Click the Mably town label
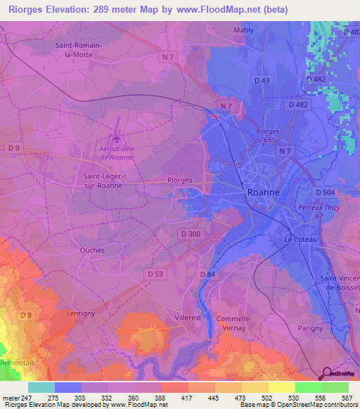[x=244, y=30]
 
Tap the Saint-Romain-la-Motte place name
[x=79, y=50]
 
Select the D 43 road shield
[x=262, y=81]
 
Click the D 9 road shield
[x=14, y=148]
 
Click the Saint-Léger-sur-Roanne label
[x=103, y=181]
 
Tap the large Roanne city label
[x=264, y=192]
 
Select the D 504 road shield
[x=325, y=192]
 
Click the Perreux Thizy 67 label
[x=311, y=212]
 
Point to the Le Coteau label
[x=300, y=240]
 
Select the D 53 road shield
[x=156, y=273]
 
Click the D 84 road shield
[x=207, y=273]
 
